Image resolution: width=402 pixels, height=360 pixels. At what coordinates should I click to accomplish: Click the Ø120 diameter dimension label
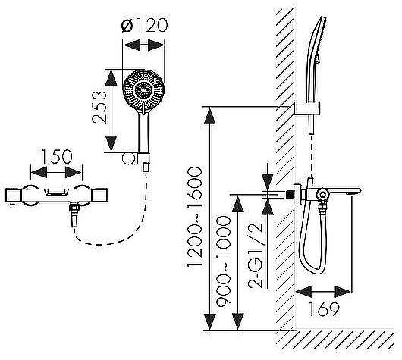click(144, 25)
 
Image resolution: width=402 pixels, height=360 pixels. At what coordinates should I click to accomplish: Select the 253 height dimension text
click(99, 107)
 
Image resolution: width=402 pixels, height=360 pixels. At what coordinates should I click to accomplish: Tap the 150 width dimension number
click(56, 157)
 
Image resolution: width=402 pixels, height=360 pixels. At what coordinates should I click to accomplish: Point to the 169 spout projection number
click(324, 309)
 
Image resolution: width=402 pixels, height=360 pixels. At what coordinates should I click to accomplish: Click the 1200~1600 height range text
click(195, 217)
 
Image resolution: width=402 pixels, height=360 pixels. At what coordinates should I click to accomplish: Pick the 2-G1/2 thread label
click(255, 255)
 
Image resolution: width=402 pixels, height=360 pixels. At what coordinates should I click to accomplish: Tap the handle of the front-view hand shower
click(143, 132)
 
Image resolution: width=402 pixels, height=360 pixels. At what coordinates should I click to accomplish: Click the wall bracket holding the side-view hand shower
click(307, 108)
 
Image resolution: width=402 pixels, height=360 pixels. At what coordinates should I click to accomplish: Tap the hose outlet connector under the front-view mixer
click(74, 216)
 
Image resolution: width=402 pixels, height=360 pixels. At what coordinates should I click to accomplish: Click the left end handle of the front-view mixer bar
click(14, 196)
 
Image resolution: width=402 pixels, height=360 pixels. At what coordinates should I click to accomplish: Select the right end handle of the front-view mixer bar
click(99, 196)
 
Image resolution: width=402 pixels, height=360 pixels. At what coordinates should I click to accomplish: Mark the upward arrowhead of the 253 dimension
click(111, 77)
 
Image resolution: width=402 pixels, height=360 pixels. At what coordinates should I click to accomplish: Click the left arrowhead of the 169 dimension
click(304, 292)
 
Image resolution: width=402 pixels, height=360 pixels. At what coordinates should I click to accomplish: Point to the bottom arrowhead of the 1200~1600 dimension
click(209, 322)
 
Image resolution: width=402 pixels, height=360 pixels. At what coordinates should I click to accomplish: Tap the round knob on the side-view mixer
click(322, 195)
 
